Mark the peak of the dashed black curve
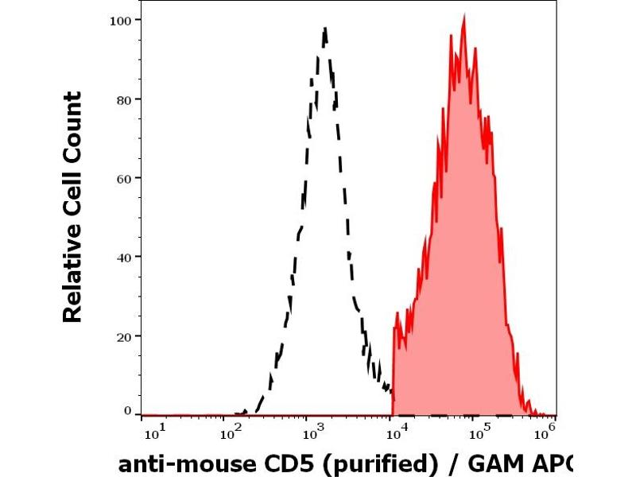click(325, 29)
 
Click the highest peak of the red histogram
click(463, 17)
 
